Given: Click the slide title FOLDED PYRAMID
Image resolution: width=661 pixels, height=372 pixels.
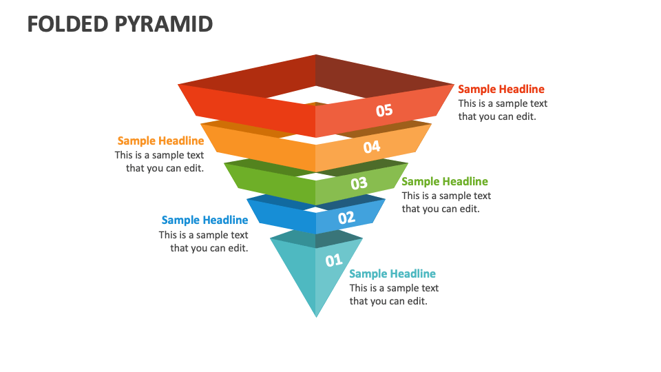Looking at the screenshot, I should point(120,24).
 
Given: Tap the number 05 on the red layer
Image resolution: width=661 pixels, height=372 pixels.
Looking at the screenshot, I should point(384,110).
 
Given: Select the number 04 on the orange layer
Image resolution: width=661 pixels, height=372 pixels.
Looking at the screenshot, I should point(372,147).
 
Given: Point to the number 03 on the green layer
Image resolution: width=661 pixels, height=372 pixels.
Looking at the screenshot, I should point(359,183).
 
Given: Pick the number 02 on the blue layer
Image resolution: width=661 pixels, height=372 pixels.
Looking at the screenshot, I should point(346,218).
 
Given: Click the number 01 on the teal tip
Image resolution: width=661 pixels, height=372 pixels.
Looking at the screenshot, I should point(334,260).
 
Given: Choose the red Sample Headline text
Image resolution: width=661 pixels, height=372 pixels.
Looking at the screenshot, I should point(501,89).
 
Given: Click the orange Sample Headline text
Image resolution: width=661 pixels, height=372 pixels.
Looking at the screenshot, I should point(160,141).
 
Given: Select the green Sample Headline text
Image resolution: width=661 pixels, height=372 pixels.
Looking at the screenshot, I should point(445,182).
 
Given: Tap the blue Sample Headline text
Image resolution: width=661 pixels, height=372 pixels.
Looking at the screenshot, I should point(204,220).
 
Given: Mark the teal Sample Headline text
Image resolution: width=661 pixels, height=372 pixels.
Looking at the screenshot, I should point(392,274).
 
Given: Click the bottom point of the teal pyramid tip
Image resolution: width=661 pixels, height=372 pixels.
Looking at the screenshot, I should point(316,316).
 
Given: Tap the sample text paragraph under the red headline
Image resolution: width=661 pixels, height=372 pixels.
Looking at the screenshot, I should point(503,110).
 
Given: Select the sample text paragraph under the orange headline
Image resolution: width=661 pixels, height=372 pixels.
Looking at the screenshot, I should point(160,162).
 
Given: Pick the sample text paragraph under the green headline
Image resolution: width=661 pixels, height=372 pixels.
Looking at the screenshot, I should point(446,203).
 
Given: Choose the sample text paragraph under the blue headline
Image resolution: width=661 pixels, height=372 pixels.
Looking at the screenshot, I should point(204,241).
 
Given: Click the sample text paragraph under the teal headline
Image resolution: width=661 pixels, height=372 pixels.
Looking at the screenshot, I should point(394,295).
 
